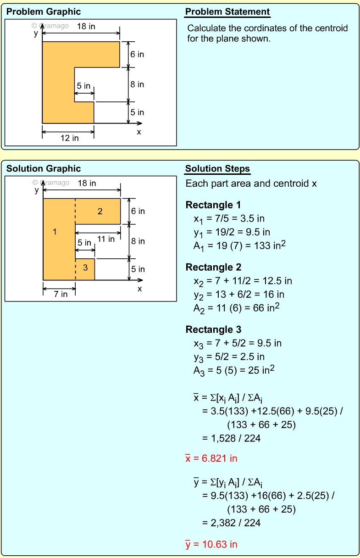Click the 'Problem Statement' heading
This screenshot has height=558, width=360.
[x=227, y=12]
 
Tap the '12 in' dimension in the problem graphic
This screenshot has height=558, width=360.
[x=69, y=138]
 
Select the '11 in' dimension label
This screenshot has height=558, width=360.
[x=106, y=239]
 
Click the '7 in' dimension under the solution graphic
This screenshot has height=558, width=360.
[x=60, y=294]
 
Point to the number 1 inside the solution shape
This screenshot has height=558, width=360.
[x=55, y=232]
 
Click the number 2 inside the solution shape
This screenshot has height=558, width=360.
[x=100, y=211]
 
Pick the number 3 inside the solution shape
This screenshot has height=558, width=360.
[x=85, y=268]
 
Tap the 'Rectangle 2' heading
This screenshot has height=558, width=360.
[x=213, y=267]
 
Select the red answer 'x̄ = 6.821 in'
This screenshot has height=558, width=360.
[x=211, y=458]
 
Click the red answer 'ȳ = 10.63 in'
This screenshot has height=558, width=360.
[x=211, y=544]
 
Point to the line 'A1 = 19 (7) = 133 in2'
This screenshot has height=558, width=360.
[x=239, y=246]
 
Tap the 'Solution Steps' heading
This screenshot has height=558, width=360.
[x=217, y=169]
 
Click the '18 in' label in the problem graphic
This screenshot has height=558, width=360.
[x=86, y=26]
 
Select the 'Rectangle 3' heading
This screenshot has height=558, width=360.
[x=213, y=329]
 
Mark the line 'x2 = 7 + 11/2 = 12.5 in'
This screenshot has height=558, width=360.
[x=242, y=281]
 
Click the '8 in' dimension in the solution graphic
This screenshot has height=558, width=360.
[x=138, y=241]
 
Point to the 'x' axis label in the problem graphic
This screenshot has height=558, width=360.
[x=139, y=132]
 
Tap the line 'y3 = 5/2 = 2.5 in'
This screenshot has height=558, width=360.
[x=229, y=357]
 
